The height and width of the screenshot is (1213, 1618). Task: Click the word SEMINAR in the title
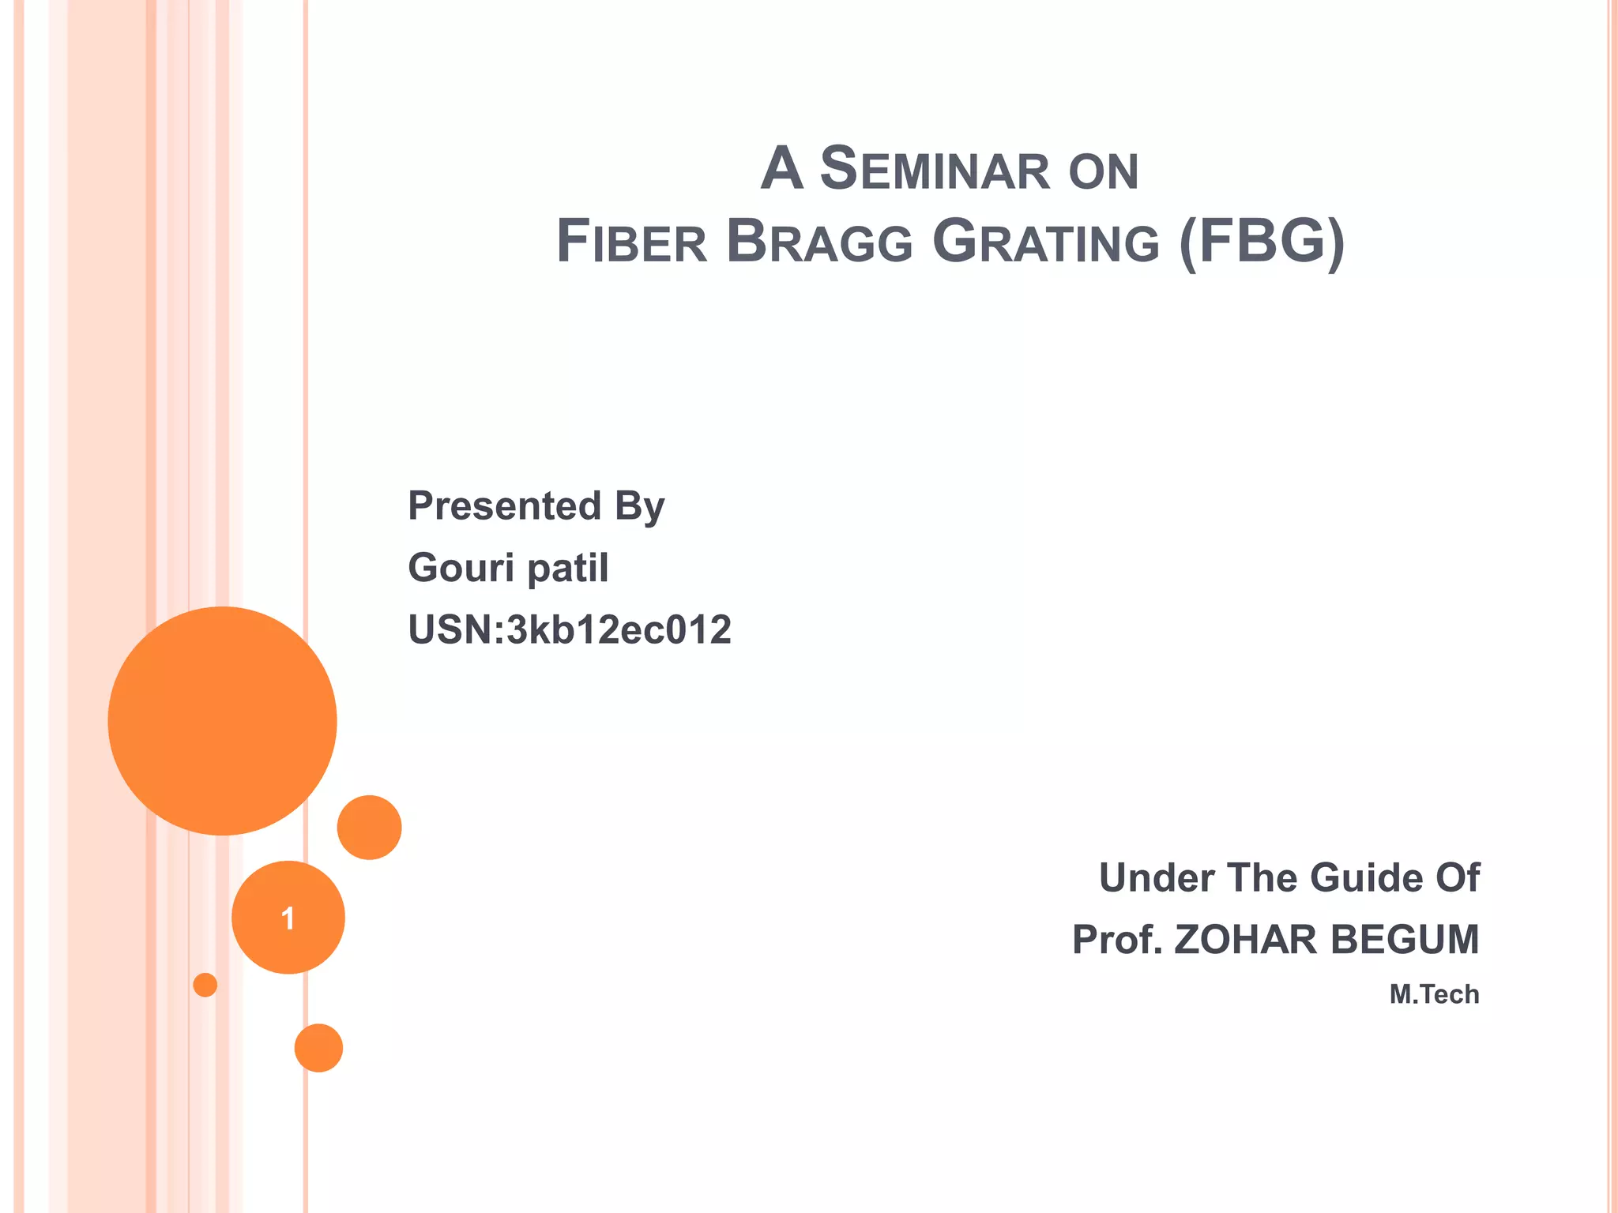click(x=935, y=170)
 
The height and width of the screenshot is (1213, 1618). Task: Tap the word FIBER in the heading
click(x=632, y=242)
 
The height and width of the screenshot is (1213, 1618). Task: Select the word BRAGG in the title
click(x=819, y=242)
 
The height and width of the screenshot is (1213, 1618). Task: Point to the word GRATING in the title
click(x=1046, y=242)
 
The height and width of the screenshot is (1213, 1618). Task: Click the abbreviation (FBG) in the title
click(x=1261, y=242)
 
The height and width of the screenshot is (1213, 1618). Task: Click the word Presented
click(x=504, y=505)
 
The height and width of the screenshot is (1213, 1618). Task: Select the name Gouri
click(x=460, y=568)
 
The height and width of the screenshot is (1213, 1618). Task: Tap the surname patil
click(x=567, y=568)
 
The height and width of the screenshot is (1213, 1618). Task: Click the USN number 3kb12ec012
click(x=619, y=630)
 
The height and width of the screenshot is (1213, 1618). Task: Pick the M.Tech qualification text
click(x=1434, y=994)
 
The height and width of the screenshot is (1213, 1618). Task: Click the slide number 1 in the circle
click(x=288, y=918)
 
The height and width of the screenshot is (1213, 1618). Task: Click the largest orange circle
click(x=222, y=720)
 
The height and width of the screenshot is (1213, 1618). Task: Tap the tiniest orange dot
click(x=205, y=985)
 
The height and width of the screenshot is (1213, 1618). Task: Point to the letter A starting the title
click(x=781, y=169)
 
